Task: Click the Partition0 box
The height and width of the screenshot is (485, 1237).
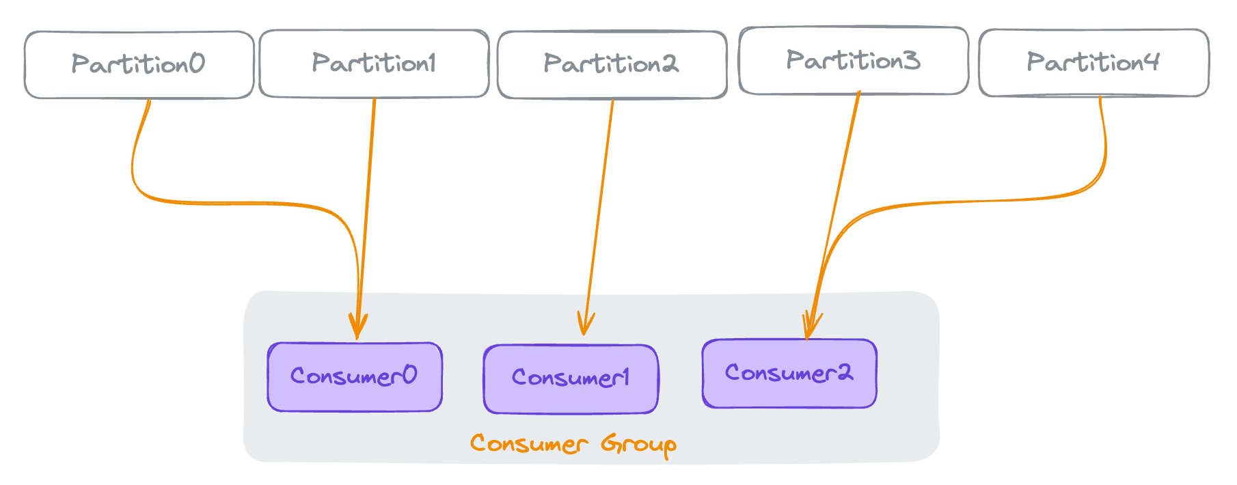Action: (139, 65)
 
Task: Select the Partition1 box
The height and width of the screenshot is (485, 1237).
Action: (374, 64)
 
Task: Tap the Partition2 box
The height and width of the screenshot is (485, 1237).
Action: (612, 65)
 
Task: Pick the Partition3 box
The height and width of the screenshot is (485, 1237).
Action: (854, 61)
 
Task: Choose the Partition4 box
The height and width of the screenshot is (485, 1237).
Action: (1093, 63)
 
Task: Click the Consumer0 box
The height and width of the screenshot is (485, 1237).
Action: (355, 377)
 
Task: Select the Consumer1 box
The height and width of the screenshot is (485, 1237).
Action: (571, 379)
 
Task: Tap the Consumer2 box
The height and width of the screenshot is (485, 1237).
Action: (789, 374)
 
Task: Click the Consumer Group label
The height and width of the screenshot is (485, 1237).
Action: (573, 445)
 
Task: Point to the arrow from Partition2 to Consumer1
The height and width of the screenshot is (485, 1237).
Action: (598, 217)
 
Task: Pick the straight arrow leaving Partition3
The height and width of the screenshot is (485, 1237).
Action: (832, 215)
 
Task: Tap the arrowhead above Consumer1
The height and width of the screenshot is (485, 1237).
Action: (585, 323)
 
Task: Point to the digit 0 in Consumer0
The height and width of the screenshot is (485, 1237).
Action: (409, 375)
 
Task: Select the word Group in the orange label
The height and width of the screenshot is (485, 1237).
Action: (639, 445)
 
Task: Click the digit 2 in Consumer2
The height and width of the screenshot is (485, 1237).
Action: (844, 372)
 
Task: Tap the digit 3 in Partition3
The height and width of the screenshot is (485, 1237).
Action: (911, 60)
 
